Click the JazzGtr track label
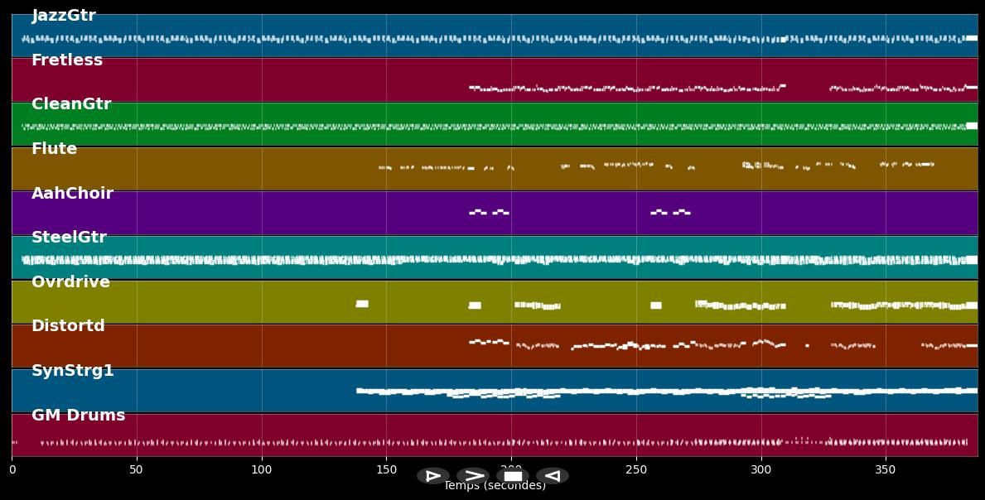[64, 16]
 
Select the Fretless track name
[67, 60]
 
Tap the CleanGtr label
[71, 104]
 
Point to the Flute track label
[54, 149]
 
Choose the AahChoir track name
[72, 194]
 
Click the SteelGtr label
[69, 238]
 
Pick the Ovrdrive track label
[70, 282]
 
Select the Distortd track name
[68, 326]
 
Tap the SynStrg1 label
[73, 371]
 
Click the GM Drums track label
[78, 416]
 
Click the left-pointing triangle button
[552, 476]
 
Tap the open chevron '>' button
[473, 476]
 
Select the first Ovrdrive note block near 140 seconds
[362, 304]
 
